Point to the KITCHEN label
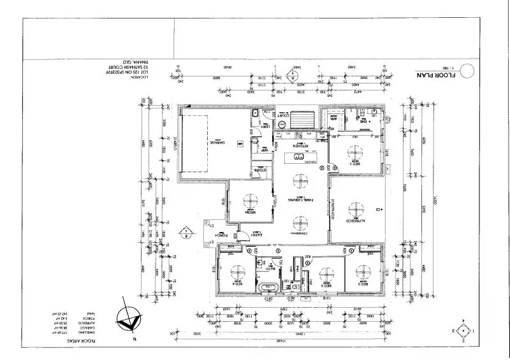pyautogui.click(x=300, y=146)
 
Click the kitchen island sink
pyautogui.click(x=297, y=157)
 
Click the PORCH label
pyautogui.click(x=221, y=236)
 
